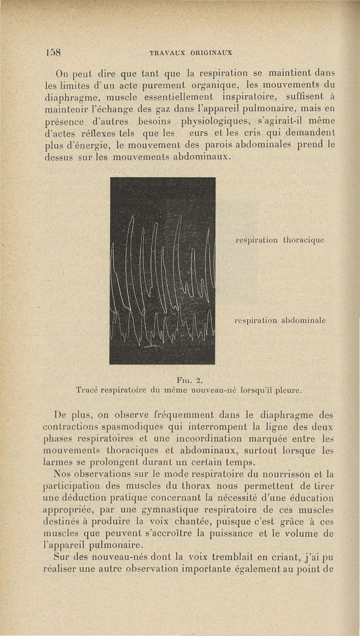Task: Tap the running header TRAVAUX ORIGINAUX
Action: tap(190, 52)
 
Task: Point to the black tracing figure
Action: tap(162, 271)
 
